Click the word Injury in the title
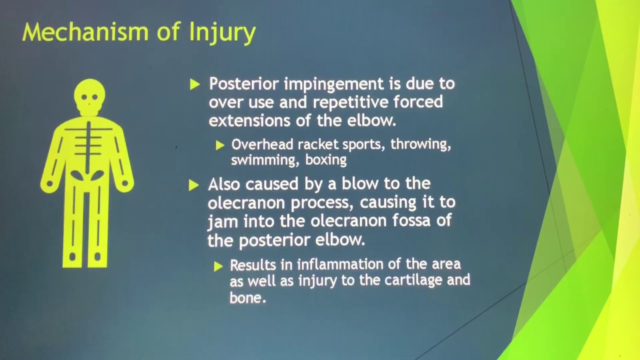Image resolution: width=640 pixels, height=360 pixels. (222, 33)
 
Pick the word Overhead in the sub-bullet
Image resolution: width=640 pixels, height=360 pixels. (262, 144)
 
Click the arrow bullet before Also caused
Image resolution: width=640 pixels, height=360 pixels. (194, 185)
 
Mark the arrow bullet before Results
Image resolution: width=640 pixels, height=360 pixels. (218, 266)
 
